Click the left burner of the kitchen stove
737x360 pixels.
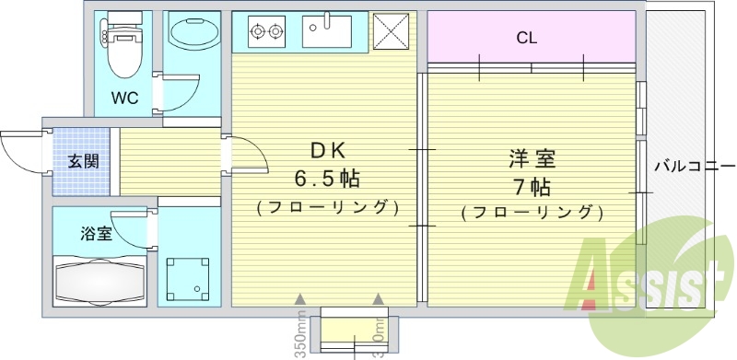pyautogui.click(x=257, y=33)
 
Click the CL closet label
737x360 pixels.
pyautogui.click(x=527, y=38)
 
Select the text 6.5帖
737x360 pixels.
pyautogui.click(x=326, y=177)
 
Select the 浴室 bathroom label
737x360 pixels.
pyautogui.click(x=98, y=233)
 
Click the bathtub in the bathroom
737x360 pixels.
pyautogui.click(x=100, y=280)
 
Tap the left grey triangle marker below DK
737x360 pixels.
pyautogui.click(x=299, y=299)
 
